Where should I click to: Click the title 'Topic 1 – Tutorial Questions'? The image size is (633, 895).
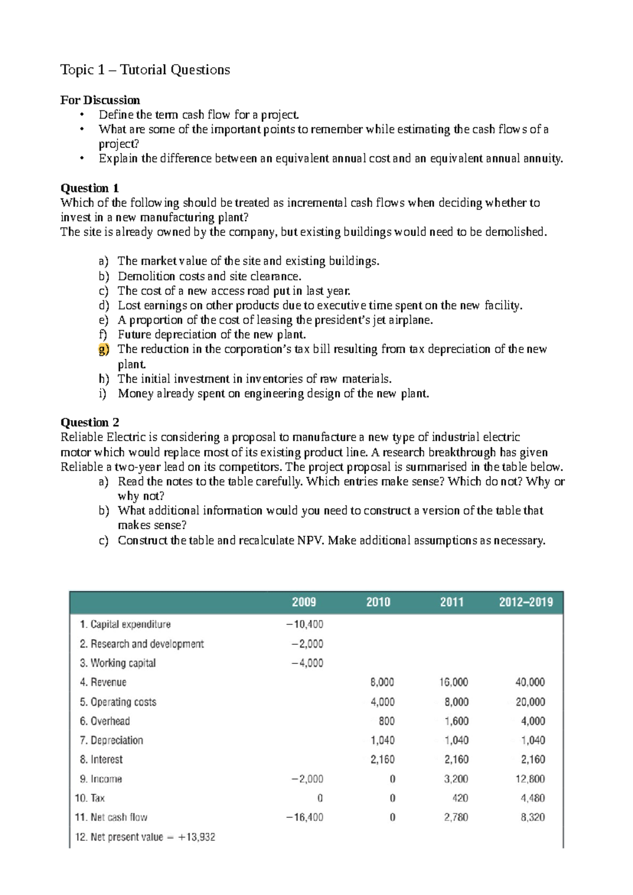point(145,70)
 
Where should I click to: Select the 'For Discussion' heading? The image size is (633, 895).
point(100,100)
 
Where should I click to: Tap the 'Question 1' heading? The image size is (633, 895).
point(90,188)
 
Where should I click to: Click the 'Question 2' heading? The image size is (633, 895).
point(90,422)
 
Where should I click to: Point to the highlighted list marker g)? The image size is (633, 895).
point(103,349)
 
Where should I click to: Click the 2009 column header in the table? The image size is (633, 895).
point(304,602)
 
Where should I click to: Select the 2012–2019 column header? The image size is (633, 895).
point(526,602)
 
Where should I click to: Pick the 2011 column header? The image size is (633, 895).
point(452,602)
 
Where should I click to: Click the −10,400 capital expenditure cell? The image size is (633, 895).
point(305,624)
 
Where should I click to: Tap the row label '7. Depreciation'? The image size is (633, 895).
point(111,740)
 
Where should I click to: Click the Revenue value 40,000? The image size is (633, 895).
point(530,682)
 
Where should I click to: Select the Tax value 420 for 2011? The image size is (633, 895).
point(460,798)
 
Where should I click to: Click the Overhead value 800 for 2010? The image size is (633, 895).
point(386,721)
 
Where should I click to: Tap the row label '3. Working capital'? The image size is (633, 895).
point(118,663)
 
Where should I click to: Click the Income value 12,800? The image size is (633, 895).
point(530,779)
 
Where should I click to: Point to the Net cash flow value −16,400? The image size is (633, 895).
point(305,817)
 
